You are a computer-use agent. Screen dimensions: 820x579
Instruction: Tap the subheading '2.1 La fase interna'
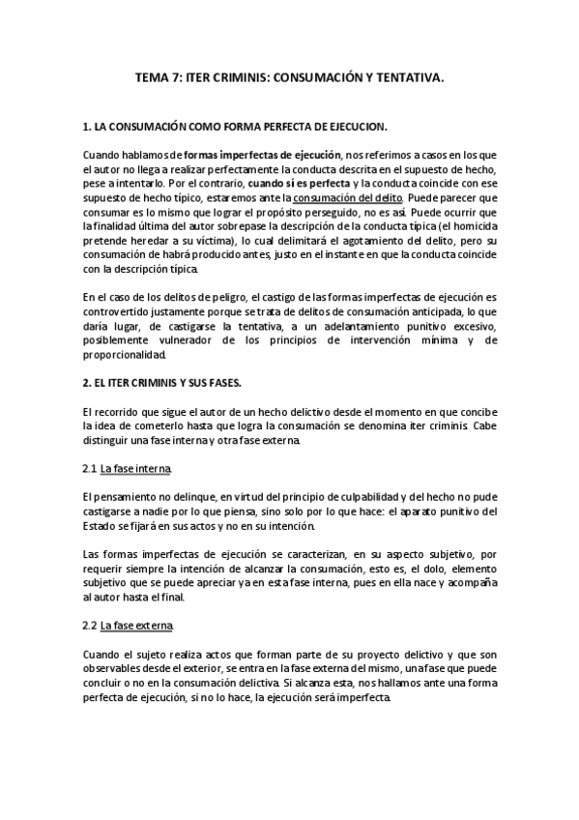128,468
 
